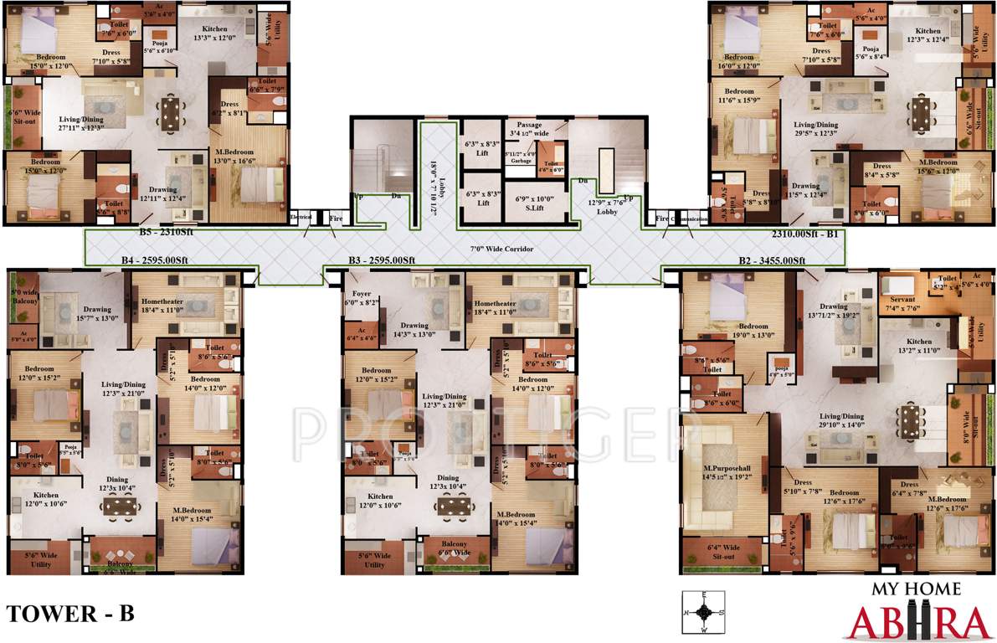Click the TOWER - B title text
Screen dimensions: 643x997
click(x=70, y=613)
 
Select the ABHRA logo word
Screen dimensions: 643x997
click(x=918, y=623)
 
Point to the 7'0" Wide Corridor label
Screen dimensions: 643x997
click(x=501, y=249)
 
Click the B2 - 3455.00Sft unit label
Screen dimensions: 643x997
click(x=771, y=260)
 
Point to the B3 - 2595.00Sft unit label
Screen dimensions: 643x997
click(x=382, y=260)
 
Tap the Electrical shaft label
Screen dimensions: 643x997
click(x=301, y=217)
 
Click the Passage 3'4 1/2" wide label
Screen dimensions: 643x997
click(x=529, y=129)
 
